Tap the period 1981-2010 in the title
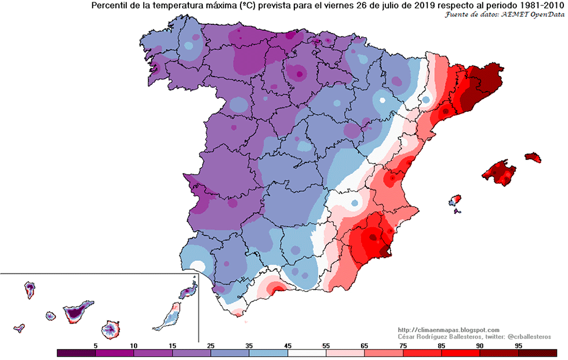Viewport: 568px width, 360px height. coord(541,6)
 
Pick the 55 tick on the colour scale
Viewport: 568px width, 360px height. coord(326,345)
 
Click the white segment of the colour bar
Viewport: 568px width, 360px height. coord(307,352)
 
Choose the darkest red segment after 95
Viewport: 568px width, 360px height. coord(537,352)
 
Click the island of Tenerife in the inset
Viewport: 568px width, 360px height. coord(76,311)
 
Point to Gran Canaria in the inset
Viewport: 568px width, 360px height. coord(110,329)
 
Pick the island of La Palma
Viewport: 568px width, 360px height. coord(30,288)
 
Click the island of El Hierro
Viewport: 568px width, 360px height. coord(19,329)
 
